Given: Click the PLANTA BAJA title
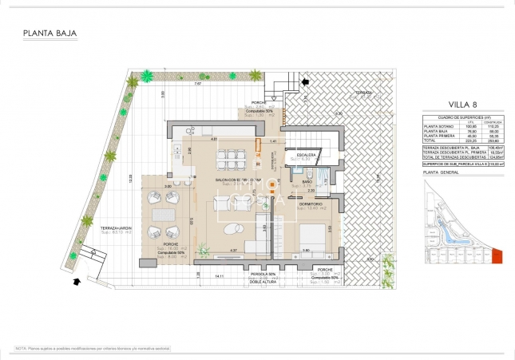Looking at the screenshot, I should (50, 34).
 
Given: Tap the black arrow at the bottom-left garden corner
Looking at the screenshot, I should (76, 281).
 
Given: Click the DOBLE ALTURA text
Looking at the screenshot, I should (260, 282).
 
